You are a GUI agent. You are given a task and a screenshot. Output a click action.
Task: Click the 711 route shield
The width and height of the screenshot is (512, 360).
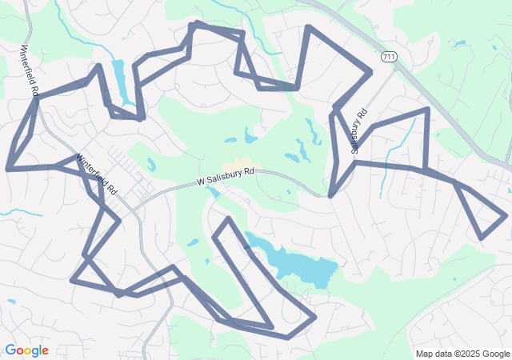388,57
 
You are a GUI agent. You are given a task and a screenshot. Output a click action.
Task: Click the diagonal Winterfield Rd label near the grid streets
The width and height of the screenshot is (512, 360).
97,174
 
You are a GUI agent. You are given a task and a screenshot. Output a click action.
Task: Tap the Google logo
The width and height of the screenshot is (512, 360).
26,350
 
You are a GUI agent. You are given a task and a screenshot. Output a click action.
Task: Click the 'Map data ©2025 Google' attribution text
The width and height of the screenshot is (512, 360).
462,354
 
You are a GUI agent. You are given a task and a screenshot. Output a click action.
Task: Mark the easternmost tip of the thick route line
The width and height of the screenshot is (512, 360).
506,214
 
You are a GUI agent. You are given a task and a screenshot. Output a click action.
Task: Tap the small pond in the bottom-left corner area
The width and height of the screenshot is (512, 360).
11,302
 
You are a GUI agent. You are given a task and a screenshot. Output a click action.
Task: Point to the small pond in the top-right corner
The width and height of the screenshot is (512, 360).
460,44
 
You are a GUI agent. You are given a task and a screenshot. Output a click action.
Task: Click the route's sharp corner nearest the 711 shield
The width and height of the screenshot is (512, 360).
370,73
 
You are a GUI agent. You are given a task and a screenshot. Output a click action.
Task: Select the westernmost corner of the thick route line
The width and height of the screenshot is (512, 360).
8,169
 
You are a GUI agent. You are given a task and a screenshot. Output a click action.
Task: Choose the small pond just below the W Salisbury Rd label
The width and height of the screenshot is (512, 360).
214,192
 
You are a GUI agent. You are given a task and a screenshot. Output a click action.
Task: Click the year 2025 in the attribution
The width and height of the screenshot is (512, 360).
468,354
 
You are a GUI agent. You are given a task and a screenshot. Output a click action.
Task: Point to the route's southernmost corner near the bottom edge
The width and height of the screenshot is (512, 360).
288,338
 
